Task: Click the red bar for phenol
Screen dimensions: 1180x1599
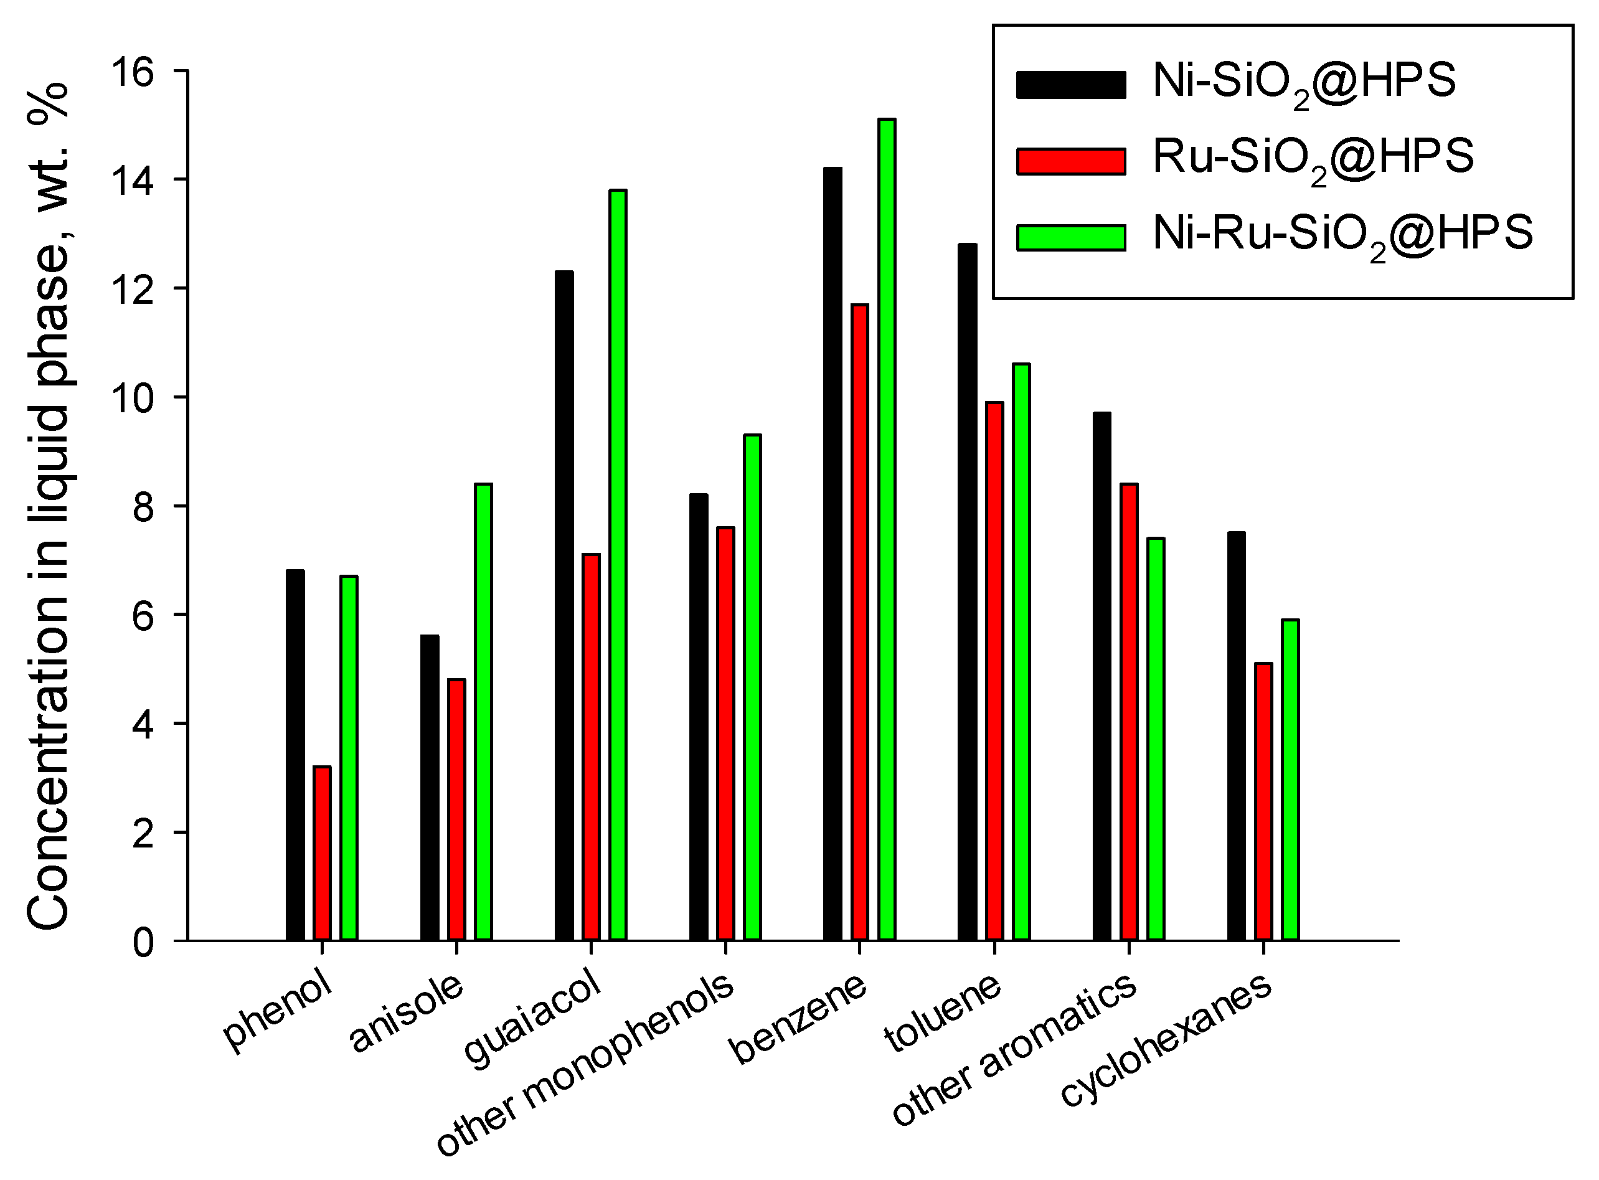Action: (322, 853)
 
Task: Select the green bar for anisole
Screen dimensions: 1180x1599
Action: (483, 712)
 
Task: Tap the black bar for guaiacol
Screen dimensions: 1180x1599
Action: (564, 606)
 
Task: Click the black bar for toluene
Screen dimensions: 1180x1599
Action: (968, 592)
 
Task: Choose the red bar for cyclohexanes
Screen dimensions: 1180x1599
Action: (1263, 801)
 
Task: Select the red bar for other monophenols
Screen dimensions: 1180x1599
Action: (725, 734)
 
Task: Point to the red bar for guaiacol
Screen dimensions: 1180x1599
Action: (592, 747)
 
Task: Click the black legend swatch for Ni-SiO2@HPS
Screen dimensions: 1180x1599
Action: (1070, 84)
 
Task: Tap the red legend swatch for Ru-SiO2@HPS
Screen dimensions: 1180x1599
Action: (1070, 161)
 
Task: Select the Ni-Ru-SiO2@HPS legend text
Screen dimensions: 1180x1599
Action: (1342, 234)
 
